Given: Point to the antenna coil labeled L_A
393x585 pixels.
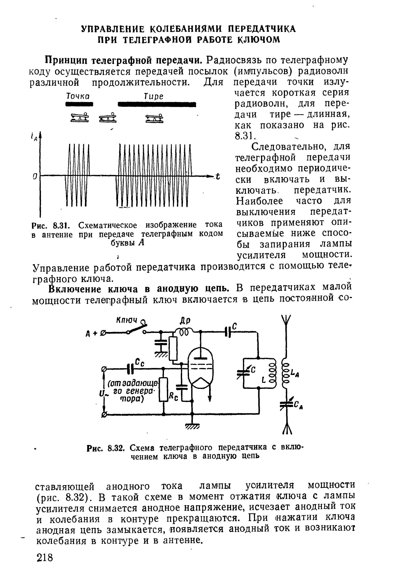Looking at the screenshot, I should point(285,373).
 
